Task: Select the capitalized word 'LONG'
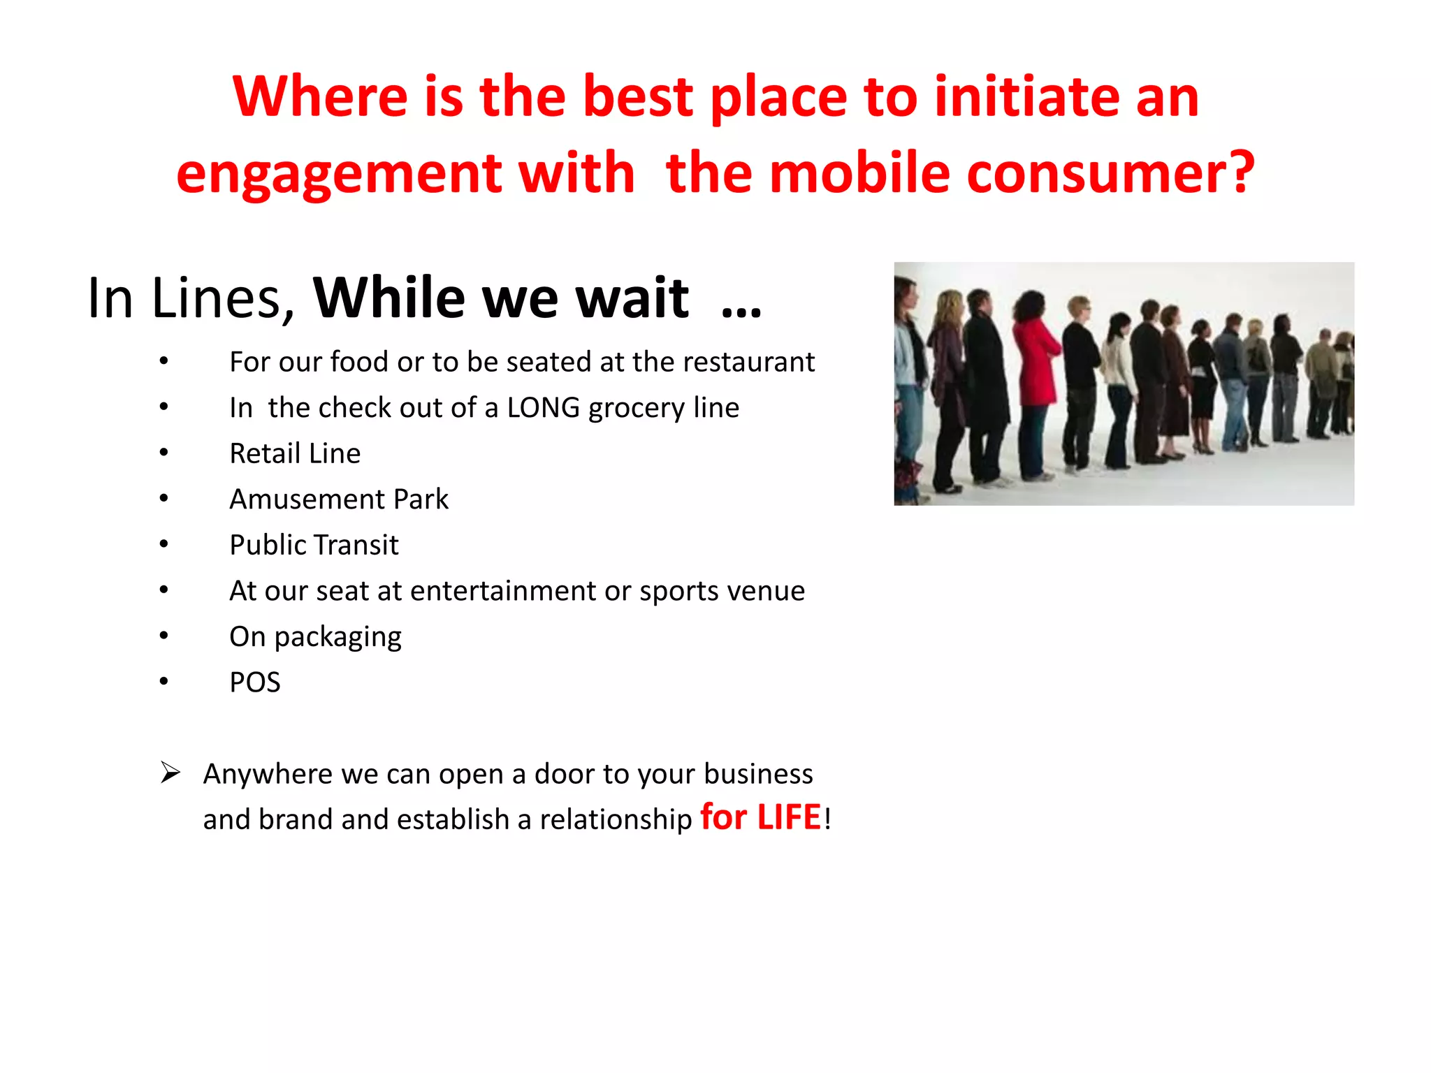[543, 407]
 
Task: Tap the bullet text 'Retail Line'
[295, 453]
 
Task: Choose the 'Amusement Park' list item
[339, 499]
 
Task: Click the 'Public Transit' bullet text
[314, 545]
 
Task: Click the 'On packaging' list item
[315, 637]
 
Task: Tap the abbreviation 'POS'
[255, 683]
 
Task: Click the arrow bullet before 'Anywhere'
[170, 773]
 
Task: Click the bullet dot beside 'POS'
[164, 681]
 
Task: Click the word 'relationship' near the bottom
[615, 820]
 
